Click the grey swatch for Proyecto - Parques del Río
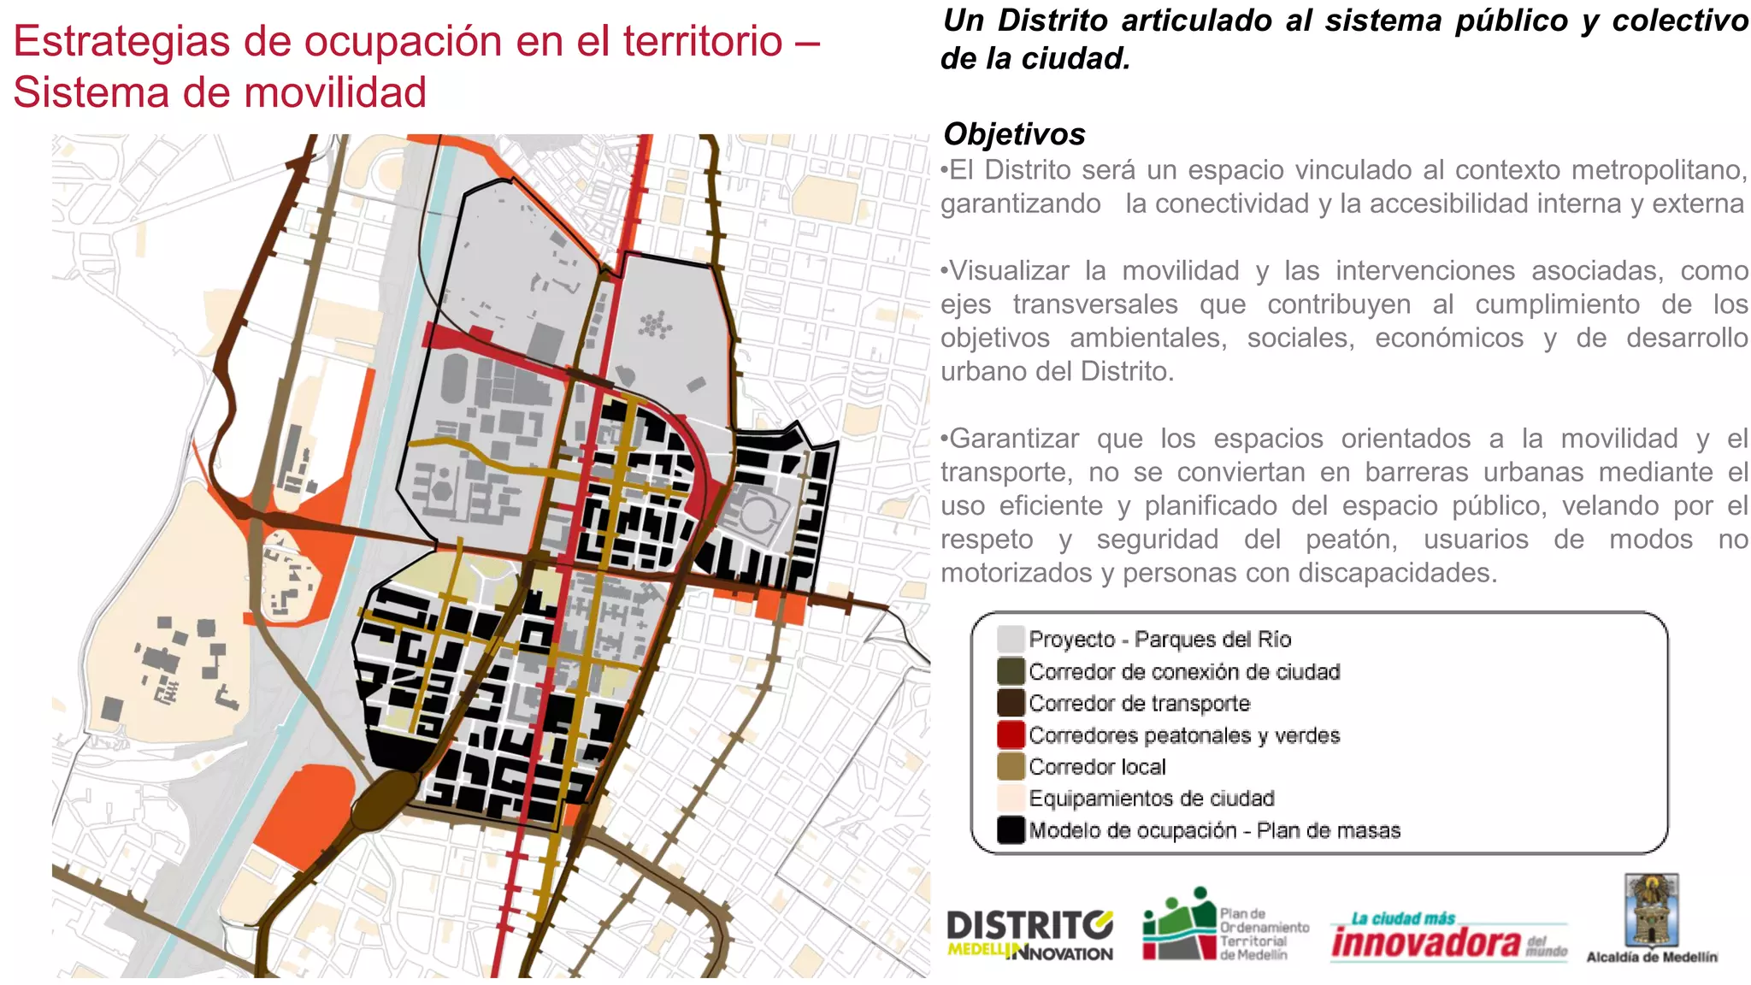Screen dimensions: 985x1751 pos(1011,639)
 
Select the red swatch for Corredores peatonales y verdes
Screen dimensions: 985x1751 pos(1011,734)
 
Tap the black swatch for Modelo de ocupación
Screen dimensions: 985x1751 pos(1011,830)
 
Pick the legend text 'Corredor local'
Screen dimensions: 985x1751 pos(1097,767)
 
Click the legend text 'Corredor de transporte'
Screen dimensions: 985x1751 pos(1139,704)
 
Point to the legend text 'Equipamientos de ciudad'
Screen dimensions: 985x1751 pos(1151,799)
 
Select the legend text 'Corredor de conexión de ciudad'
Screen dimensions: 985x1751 pos(1184,672)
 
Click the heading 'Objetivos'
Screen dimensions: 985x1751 pos(1014,134)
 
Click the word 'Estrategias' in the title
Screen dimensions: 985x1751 pos(121,41)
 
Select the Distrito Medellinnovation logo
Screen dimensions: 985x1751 pos(1029,935)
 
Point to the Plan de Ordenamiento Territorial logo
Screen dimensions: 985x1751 pos(1225,925)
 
